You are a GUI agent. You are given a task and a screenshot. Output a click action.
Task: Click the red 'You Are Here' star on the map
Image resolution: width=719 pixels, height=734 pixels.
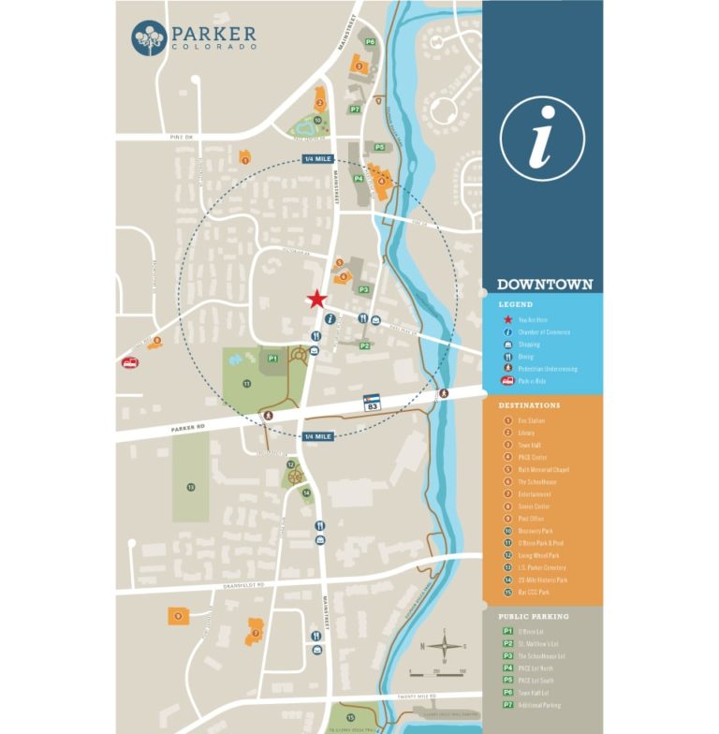pos(317,300)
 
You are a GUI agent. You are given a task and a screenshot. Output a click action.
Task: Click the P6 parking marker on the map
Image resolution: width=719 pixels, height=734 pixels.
pos(371,42)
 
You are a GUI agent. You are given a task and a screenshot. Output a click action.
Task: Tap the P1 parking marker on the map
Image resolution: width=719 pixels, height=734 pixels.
pos(272,358)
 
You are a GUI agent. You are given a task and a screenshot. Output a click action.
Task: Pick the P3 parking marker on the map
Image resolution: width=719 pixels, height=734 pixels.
pos(363,289)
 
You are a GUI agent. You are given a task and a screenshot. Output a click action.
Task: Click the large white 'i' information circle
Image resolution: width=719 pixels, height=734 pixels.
pos(542,139)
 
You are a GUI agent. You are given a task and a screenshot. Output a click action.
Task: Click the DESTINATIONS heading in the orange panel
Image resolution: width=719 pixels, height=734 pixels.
pos(529,405)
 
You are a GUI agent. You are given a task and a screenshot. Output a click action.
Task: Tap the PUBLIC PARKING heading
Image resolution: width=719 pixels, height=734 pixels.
pos(534,617)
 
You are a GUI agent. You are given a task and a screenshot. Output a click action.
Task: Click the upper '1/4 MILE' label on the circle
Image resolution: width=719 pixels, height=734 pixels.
pos(318,160)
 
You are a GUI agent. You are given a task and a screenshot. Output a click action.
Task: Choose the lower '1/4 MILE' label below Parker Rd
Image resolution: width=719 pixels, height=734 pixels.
pos(318,436)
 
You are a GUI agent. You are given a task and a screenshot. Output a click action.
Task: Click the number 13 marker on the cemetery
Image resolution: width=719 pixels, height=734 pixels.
pos(191,487)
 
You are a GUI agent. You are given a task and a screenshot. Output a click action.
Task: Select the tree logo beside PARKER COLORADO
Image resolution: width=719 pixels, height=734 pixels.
pos(149,38)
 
